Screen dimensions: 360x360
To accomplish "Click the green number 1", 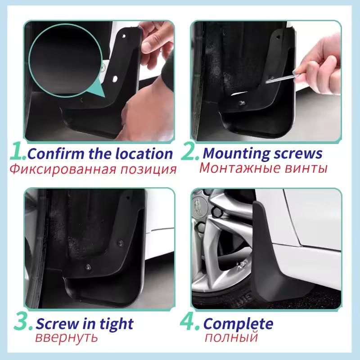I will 17,153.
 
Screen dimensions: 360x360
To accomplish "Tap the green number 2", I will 189,153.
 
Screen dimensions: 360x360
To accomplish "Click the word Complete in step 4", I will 238,324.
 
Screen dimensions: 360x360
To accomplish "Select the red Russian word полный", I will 231,337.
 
